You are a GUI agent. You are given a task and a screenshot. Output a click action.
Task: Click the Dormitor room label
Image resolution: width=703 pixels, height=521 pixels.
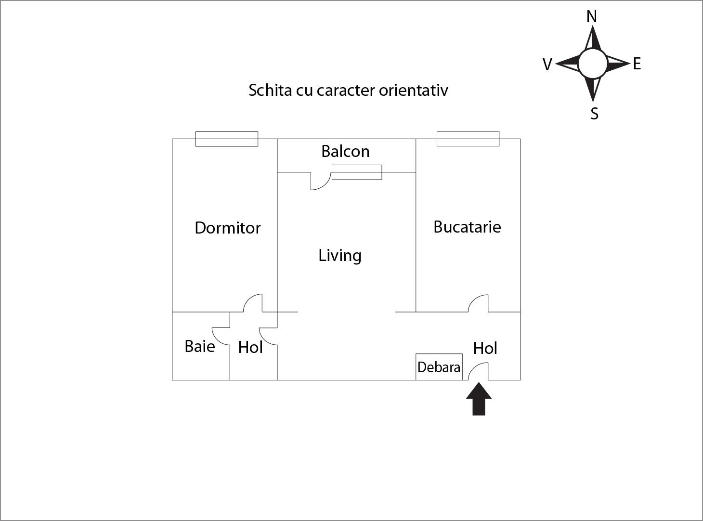click(x=228, y=228)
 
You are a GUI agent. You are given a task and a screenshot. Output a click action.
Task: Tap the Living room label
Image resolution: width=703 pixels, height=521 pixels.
click(x=340, y=256)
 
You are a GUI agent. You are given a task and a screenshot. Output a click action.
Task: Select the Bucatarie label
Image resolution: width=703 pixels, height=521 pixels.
click(x=467, y=227)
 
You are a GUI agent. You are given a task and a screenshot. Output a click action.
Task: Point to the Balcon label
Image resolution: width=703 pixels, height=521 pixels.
click(x=345, y=151)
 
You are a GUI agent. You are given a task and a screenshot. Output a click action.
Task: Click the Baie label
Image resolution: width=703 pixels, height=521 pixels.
click(x=200, y=346)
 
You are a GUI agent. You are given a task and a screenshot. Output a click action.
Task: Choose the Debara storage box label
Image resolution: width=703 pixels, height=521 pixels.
click(x=439, y=367)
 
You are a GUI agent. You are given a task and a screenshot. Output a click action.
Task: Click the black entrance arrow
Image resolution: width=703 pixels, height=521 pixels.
click(x=479, y=399)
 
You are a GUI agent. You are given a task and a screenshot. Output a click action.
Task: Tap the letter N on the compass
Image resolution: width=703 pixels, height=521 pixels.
click(x=592, y=16)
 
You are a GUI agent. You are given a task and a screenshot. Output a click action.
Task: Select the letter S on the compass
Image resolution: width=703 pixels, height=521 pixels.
click(x=594, y=114)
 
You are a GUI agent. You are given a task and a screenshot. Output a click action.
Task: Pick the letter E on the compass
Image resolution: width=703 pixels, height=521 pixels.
click(x=637, y=64)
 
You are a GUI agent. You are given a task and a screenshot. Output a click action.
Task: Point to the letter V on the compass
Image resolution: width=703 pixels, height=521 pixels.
click(x=547, y=65)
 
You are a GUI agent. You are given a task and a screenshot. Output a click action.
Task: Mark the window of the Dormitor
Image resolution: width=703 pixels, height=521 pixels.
click(x=227, y=139)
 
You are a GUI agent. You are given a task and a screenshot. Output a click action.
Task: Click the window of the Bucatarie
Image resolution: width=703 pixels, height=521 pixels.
click(x=468, y=139)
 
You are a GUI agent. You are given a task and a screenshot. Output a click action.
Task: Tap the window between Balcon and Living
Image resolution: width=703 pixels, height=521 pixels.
click(x=357, y=172)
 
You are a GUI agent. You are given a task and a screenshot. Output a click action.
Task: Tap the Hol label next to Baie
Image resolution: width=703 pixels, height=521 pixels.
click(x=250, y=347)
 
